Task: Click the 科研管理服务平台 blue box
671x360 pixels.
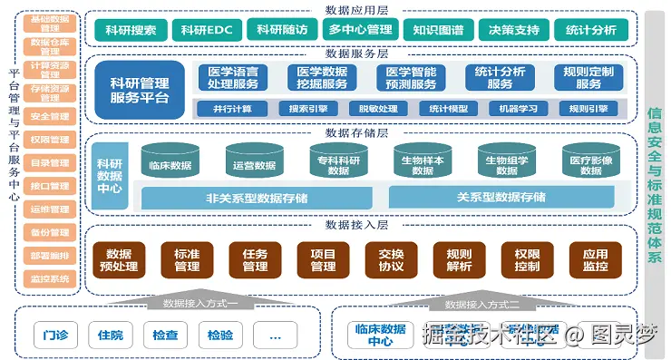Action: (x=139, y=89)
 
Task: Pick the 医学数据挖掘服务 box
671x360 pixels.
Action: (x=321, y=78)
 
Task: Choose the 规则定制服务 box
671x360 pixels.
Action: (x=588, y=78)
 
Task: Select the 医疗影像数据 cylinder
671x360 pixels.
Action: (x=591, y=163)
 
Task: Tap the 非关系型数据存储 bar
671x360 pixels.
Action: (x=256, y=197)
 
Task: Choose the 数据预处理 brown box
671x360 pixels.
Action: (x=119, y=260)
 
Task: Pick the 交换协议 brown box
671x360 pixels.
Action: (x=391, y=260)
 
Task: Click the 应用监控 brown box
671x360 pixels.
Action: (x=595, y=260)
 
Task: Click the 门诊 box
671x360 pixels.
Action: (x=54, y=335)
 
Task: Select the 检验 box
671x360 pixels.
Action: (x=219, y=335)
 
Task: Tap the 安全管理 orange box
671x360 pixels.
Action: (x=50, y=116)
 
